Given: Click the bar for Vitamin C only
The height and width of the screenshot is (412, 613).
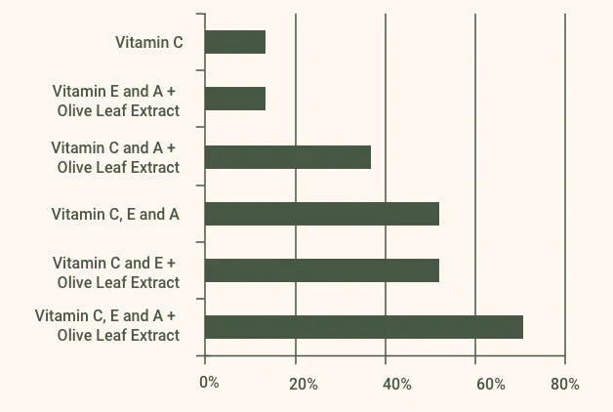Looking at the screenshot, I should click(235, 42).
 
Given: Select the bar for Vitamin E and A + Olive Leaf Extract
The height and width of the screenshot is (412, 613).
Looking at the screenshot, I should click(235, 99).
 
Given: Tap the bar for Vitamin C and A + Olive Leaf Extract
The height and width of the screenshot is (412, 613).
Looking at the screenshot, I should click(288, 156).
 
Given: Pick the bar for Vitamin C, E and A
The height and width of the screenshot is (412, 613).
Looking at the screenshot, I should click(322, 214).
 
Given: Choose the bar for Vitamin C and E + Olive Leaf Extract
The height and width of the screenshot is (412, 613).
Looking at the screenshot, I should click(322, 270).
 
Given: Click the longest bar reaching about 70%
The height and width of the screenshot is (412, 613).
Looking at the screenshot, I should click(364, 327).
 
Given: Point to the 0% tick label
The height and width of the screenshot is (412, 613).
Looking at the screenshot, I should click(209, 383).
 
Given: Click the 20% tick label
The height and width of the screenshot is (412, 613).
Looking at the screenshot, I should click(304, 384).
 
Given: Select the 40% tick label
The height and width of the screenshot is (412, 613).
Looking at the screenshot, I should click(396, 384).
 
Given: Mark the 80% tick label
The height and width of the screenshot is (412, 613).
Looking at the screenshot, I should click(564, 384).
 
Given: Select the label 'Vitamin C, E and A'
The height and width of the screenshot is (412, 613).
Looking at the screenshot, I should click(115, 214).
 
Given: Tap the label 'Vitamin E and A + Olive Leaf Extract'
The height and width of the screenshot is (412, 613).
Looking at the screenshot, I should click(116, 100).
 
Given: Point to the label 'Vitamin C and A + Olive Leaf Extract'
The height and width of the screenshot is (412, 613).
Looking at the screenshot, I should click(115, 157).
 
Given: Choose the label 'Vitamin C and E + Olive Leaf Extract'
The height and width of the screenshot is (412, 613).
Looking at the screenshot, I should click(116, 272).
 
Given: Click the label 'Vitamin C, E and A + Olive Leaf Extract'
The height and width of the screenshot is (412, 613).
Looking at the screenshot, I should click(107, 325).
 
